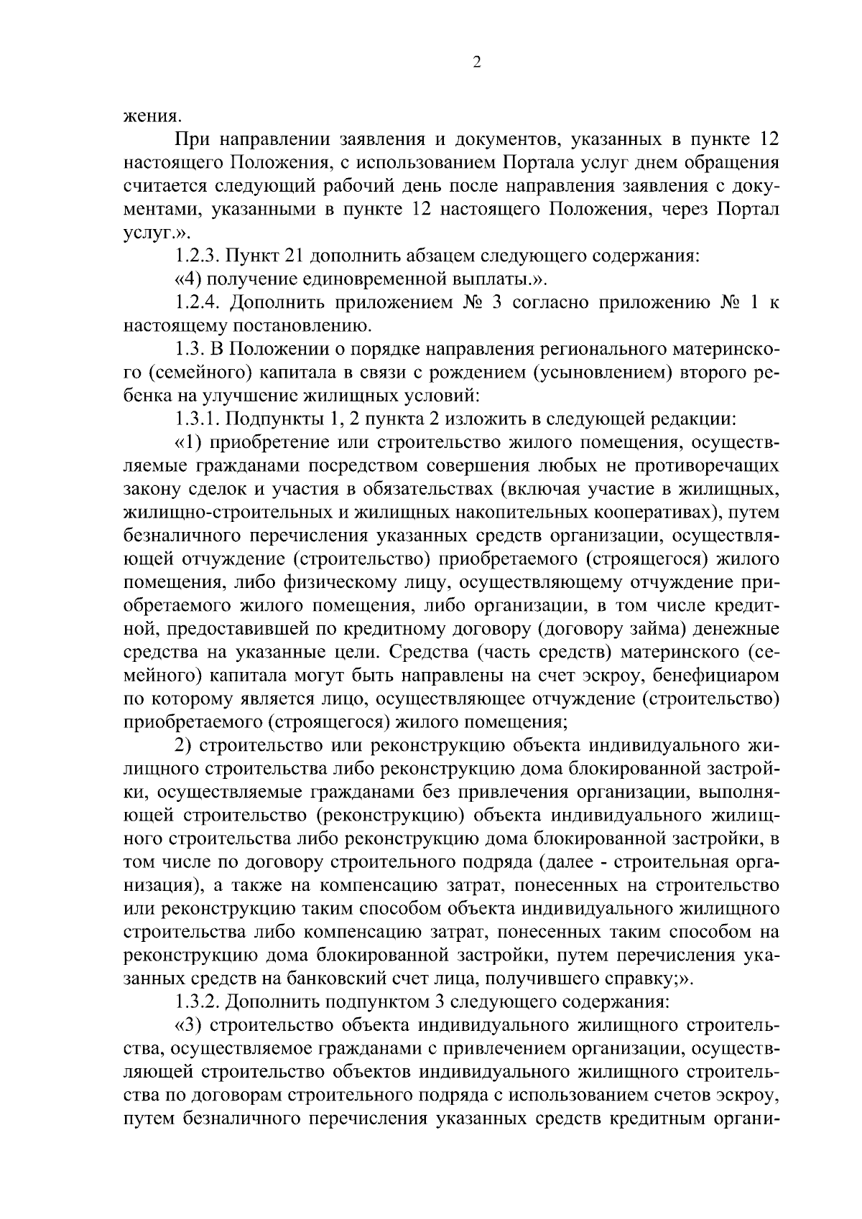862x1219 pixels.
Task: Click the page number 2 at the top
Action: point(476,62)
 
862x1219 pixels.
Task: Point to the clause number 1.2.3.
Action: point(198,256)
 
